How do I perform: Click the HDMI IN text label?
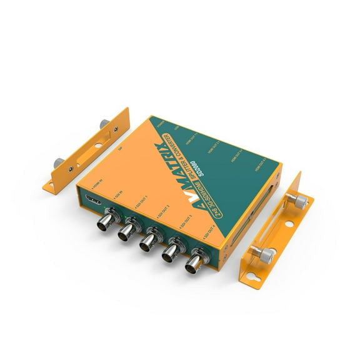(97, 185)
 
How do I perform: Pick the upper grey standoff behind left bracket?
(94, 125)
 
